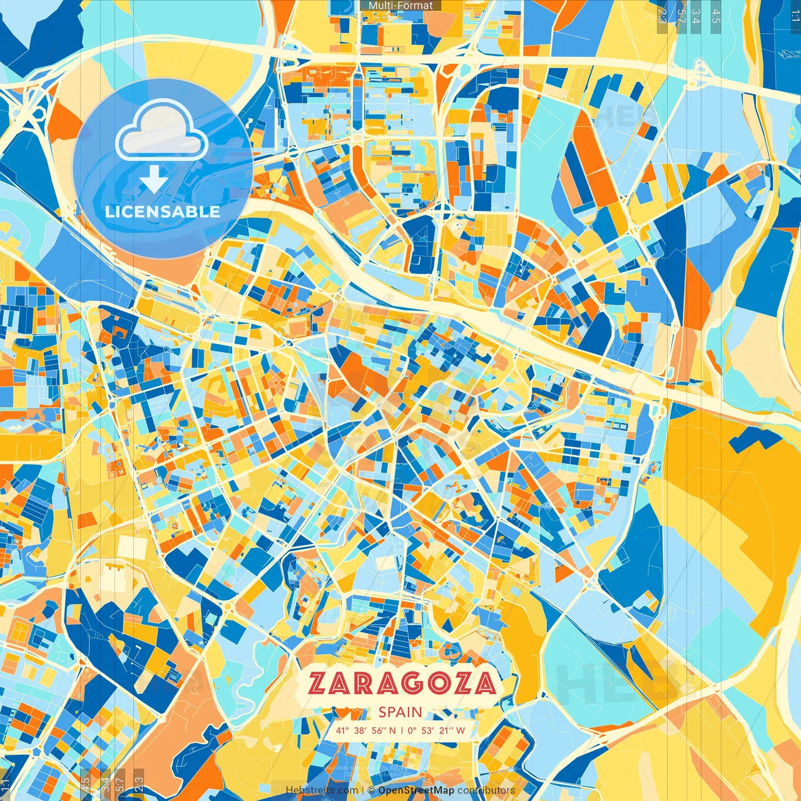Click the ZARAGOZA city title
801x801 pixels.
coord(402,684)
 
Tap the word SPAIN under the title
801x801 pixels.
coord(400,712)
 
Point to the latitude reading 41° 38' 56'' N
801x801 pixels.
coord(365,730)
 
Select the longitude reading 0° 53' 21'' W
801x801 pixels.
coord(437,730)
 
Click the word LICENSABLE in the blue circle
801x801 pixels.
coord(163,212)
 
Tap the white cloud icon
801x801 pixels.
coord(161,131)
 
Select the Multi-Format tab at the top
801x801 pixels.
coord(400,6)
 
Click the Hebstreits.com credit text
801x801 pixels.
coord(322,790)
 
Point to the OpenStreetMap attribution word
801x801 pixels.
coord(416,790)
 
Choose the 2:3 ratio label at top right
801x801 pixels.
coord(663,15)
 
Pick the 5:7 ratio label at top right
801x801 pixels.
coord(681,15)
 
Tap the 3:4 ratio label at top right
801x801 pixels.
coord(696,15)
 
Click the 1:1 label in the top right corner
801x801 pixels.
coord(795,15)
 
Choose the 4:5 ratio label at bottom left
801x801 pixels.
coord(85,784)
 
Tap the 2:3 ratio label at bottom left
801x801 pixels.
coord(139,784)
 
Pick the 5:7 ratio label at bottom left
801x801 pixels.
coord(120,784)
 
